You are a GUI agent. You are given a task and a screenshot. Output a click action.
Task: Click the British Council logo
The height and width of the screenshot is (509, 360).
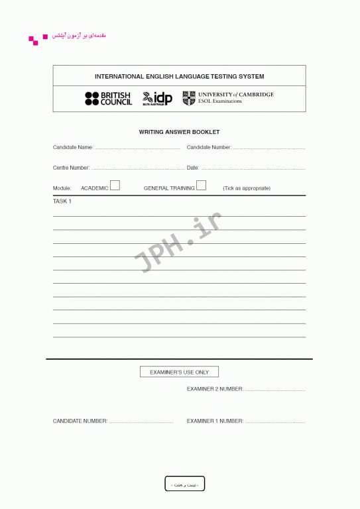(x=108, y=99)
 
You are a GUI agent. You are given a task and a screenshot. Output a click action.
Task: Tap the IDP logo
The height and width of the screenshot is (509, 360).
(x=157, y=99)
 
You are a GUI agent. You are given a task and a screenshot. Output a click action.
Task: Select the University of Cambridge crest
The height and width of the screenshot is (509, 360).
(x=189, y=98)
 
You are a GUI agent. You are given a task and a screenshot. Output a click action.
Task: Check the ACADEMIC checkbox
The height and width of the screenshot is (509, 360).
(x=115, y=186)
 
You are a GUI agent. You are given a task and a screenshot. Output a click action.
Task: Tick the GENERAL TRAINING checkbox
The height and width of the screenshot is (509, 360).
(x=201, y=186)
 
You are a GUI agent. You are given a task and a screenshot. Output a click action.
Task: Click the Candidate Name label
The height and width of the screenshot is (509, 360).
(x=73, y=147)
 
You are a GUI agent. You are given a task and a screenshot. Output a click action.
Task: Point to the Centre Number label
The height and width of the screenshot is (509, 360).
(x=71, y=168)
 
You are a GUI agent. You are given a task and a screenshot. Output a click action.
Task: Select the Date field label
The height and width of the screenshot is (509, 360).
(x=193, y=168)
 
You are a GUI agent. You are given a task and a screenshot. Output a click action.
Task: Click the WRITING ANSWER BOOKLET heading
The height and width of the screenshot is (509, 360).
(x=179, y=132)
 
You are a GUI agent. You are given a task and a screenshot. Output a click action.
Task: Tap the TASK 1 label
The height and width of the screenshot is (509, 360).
(x=62, y=201)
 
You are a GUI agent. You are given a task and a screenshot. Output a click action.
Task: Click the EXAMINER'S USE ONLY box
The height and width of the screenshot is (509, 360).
(x=179, y=372)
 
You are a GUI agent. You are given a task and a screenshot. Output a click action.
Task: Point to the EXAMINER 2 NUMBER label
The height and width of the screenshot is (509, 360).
(x=215, y=389)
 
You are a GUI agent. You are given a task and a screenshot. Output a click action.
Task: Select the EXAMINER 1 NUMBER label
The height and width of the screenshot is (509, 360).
(x=215, y=421)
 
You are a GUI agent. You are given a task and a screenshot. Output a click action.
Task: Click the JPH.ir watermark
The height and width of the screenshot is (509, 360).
(x=178, y=243)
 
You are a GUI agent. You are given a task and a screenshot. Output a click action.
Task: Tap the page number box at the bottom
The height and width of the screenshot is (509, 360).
(x=185, y=484)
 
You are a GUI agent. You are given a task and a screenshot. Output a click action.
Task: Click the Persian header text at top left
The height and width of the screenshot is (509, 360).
(x=78, y=36)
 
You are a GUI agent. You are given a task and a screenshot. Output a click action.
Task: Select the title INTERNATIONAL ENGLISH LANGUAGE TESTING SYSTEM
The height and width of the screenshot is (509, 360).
(x=179, y=76)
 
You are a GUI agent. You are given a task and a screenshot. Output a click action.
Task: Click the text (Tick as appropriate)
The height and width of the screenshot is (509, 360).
(x=247, y=188)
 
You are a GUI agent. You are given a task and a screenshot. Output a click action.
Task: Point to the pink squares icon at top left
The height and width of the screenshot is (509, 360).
(x=35, y=39)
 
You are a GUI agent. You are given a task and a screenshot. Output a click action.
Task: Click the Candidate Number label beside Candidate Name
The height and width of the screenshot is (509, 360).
(x=209, y=147)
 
